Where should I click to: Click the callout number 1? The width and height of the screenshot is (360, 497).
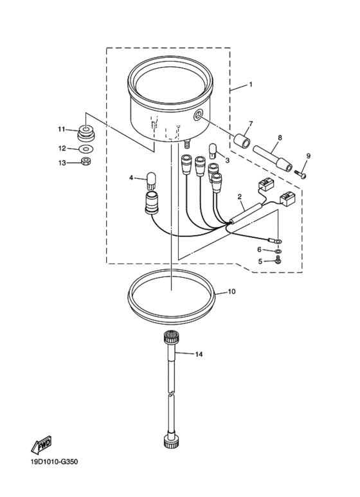pos(251,85)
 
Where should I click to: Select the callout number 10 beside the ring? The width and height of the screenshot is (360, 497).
pos(231,291)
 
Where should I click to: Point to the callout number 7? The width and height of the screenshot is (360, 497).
pos(250,124)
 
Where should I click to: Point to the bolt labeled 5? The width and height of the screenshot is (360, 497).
pos(278,260)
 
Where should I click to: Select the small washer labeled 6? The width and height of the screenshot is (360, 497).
pos(278,249)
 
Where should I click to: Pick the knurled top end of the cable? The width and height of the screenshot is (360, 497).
pos(171,337)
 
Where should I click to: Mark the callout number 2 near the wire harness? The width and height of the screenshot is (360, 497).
pos(239,196)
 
